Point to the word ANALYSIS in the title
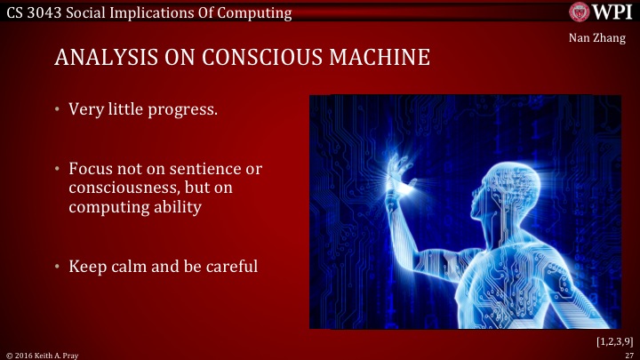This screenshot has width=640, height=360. coord(101,59)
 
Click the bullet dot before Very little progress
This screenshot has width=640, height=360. coord(57,113)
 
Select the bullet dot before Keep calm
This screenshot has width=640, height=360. coord(57,264)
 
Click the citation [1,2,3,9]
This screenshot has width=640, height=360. coord(613,340)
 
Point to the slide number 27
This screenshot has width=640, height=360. coord(627,354)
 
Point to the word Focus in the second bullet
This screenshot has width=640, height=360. coord(89,168)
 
